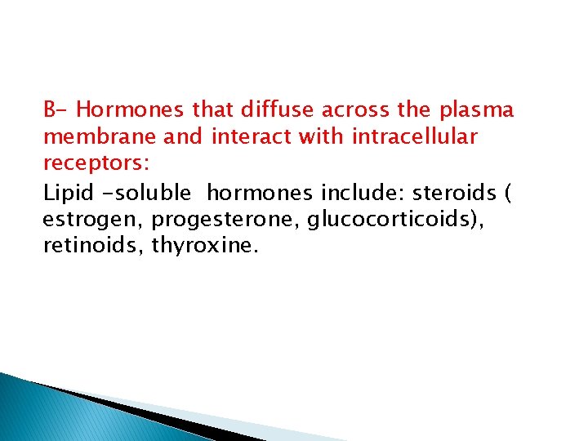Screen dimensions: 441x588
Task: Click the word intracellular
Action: pyautogui.click(x=414, y=137)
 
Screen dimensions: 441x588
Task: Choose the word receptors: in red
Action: pyautogui.click(x=96, y=164)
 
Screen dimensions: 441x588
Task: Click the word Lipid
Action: pyautogui.click(x=67, y=193)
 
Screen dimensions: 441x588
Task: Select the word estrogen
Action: pyautogui.click(x=92, y=220)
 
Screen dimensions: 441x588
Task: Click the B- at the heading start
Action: pyautogui.click(x=57, y=109)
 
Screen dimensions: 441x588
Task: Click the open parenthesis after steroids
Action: pyautogui.click(x=509, y=194)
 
